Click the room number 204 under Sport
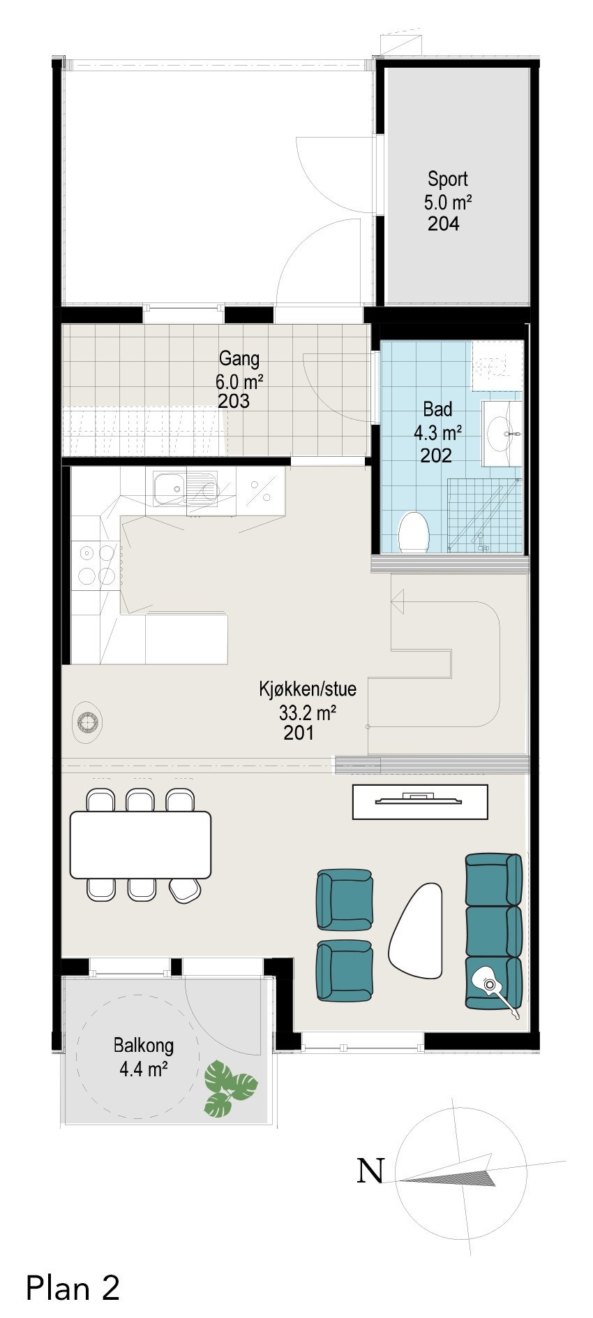(444, 224)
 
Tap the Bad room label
(437, 409)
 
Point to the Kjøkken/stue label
(308, 689)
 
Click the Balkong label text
(144, 1046)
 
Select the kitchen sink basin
(168, 487)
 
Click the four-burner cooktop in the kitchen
(96, 564)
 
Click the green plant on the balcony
(229, 1086)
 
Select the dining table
(140, 844)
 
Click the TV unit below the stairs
(419, 801)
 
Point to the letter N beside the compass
(370, 1171)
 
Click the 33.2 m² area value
(308, 713)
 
